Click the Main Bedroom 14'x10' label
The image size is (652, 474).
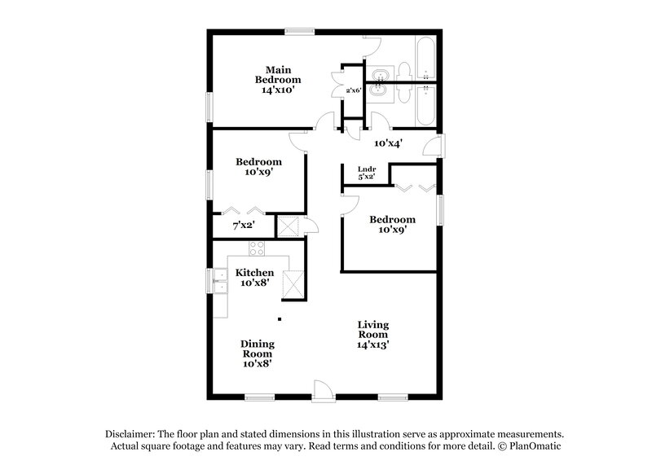(x=278, y=80)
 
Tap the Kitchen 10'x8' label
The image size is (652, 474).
(x=255, y=278)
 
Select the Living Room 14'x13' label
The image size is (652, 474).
(x=372, y=335)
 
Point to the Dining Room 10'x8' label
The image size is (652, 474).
(x=257, y=353)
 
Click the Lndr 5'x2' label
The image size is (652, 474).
(x=367, y=173)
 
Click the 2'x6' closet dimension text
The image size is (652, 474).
(x=353, y=90)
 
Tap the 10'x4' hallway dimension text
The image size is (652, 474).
(x=386, y=143)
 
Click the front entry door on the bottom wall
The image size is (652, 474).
(x=324, y=390)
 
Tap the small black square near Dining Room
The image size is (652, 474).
(x=280, y=319)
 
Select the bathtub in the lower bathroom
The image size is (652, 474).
(x=425, y=105)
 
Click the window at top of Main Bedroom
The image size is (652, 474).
(x=299, y=32)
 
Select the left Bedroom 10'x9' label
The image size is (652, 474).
(x=259, y=167)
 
